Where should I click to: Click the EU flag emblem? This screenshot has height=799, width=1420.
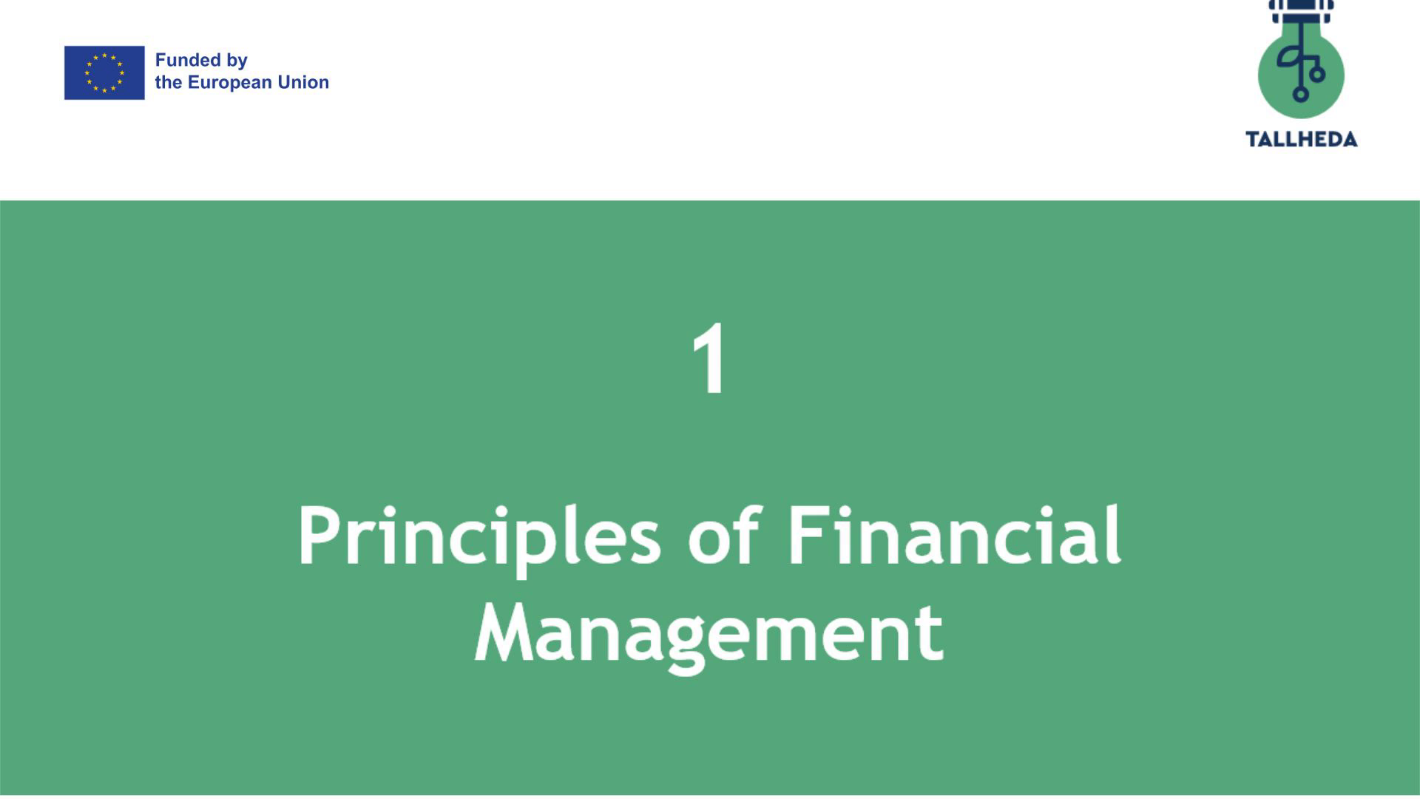[104, 73]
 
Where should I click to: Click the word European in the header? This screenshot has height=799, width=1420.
[230, 83]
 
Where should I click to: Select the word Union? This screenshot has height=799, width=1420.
[303, 82]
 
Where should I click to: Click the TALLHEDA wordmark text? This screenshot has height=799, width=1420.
[1302, 139]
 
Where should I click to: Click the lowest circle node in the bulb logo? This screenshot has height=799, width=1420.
[1300, 94]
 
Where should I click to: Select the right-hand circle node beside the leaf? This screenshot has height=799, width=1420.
[1317, 74]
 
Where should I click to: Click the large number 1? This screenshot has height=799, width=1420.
[710, 360]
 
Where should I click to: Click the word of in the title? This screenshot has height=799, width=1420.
[723, 534]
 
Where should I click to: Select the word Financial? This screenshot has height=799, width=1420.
[954, 534]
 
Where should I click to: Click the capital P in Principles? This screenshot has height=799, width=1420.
[322, 536]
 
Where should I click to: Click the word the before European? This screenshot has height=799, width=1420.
[169, 82]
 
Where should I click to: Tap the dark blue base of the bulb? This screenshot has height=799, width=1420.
[1301, 12]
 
